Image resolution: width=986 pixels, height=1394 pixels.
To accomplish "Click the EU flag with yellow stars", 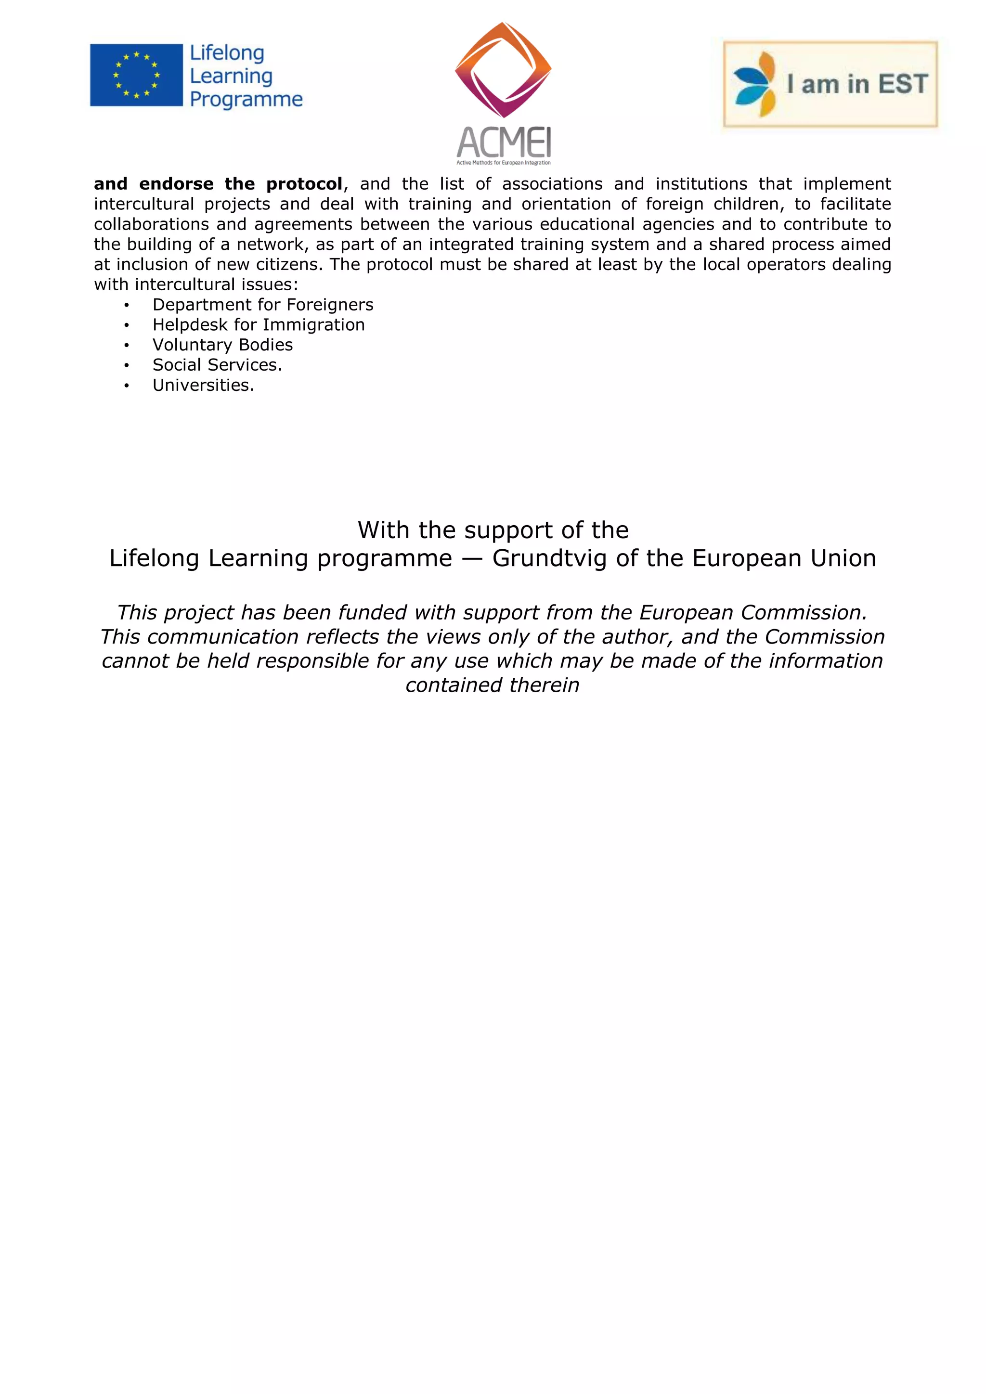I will tap(136, 75).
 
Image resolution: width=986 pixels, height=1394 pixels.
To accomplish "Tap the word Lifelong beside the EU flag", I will tap(227, 53).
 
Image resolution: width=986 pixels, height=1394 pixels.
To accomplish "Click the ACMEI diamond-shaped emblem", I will tap(503, 69).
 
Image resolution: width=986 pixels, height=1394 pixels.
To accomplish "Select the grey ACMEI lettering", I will tap(503, 142).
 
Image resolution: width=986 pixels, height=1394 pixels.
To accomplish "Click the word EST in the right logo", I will tap(903, 84).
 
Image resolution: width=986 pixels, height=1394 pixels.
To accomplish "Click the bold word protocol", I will tap(304, 184).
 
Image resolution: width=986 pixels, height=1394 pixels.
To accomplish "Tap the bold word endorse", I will tap(176, 184).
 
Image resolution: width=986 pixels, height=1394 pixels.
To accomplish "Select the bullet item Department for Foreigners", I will tap(263, 305).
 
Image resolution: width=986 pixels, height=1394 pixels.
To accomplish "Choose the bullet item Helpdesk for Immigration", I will tap(259, 325).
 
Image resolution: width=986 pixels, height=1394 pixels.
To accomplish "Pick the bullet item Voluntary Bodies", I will tap(223, 345).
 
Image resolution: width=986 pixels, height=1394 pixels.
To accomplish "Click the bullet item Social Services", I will tap(217, 365).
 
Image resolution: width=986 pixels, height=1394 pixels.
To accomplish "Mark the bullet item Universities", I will tap(203, 385).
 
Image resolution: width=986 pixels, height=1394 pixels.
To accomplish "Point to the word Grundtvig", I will tap(549, 558).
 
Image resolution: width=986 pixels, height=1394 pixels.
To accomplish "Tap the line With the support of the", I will tap(493, 530).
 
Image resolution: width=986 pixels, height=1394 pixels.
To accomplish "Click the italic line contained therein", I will tap(493, 685).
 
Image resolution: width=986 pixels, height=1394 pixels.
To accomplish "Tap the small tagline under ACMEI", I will tap(503, 163).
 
